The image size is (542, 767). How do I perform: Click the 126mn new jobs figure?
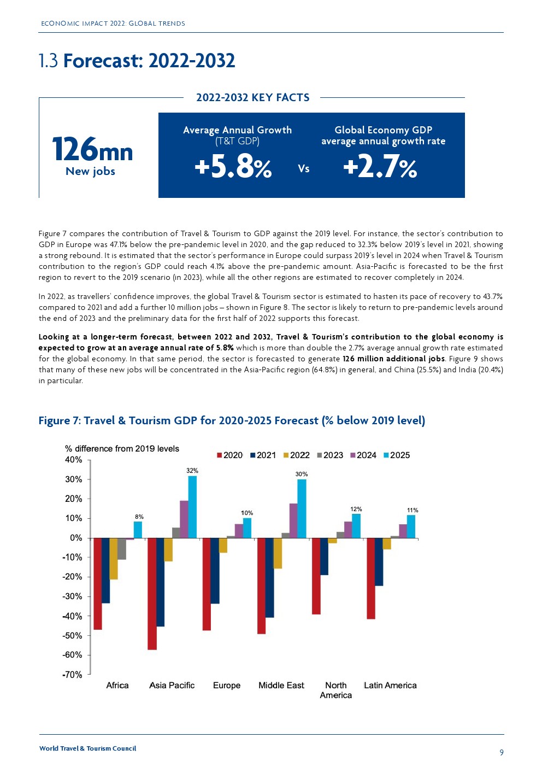(92, 150)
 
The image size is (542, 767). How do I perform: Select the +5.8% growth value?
(233, 167)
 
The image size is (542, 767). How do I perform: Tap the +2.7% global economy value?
(380, 167)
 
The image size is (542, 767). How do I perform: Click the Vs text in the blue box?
(304, 169)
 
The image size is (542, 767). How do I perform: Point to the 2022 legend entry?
(297, 455)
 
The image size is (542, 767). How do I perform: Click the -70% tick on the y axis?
(72, 675)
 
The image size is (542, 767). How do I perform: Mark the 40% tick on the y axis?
(74, 460)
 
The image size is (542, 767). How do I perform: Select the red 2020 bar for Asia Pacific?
(152, 594)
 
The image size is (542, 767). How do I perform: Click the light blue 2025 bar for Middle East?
(302, 508)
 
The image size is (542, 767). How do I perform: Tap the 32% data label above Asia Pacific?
(192, 471)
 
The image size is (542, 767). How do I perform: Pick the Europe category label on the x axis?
(227, 686)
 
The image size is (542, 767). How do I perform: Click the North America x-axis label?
(336, 690)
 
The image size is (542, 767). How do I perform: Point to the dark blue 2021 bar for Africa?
(105, 570)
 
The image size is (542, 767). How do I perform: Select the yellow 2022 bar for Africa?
(114, 558)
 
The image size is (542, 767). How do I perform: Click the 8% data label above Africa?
(139, 517)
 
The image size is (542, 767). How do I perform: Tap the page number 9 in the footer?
(502, 753)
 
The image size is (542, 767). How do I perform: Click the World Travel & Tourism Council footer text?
(87, 748)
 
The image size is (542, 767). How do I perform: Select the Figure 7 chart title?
(232, 420)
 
